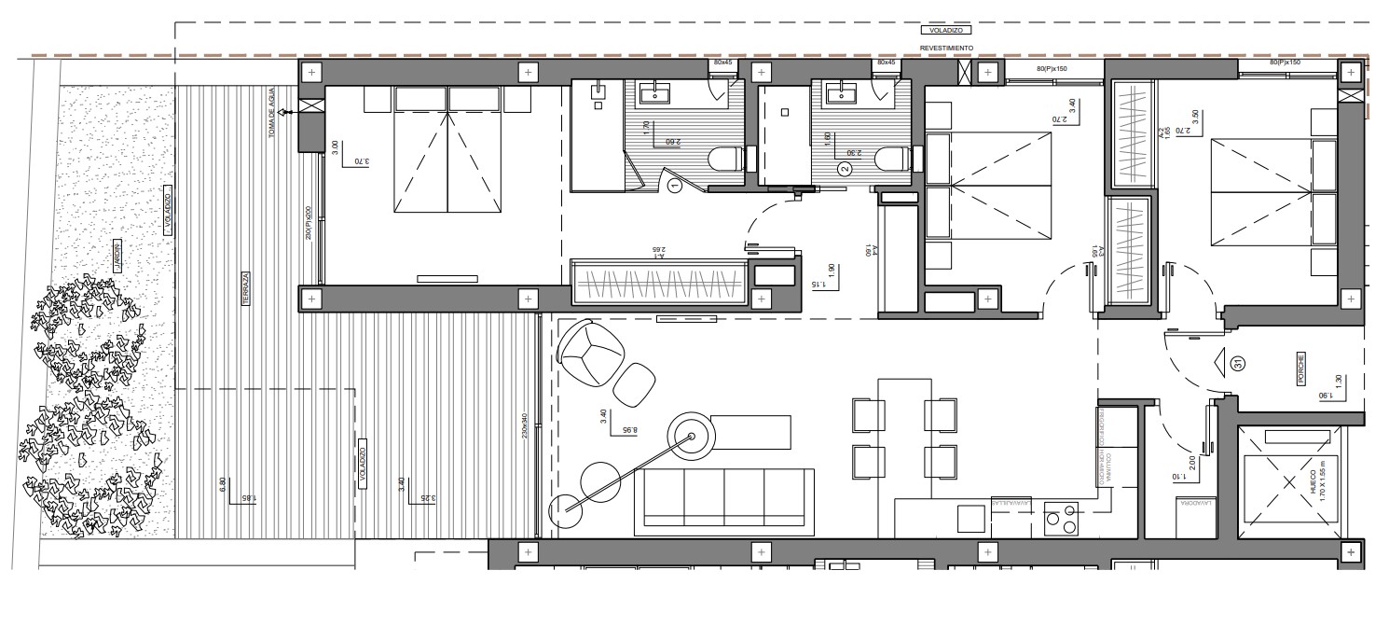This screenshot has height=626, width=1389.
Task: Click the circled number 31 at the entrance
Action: (x=1238, y=364)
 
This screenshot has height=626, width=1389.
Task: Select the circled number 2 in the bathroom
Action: (x=845, y=169)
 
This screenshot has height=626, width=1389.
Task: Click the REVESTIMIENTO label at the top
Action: (x=946, y=48)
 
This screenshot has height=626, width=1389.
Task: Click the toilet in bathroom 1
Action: (x=725, y=160)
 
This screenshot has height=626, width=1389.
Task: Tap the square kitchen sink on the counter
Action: (x=970, y=519)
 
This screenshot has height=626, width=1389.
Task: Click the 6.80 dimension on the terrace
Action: (x=221, y=485)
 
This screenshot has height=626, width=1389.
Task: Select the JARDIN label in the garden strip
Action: (x=117, y=260)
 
